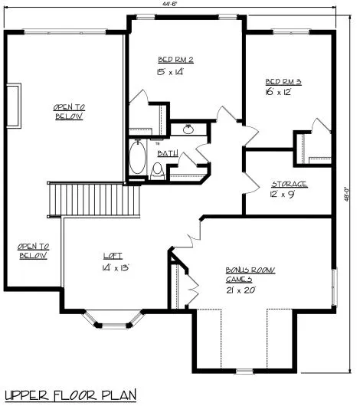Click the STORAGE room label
click(290, 184)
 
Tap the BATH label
click(167, 153)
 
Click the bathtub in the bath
click(138, 158)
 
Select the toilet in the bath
click(159, 172)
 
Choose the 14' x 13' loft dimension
click(115, 268)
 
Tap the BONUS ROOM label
click(250, 270)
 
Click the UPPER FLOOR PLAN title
click(70, 395)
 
